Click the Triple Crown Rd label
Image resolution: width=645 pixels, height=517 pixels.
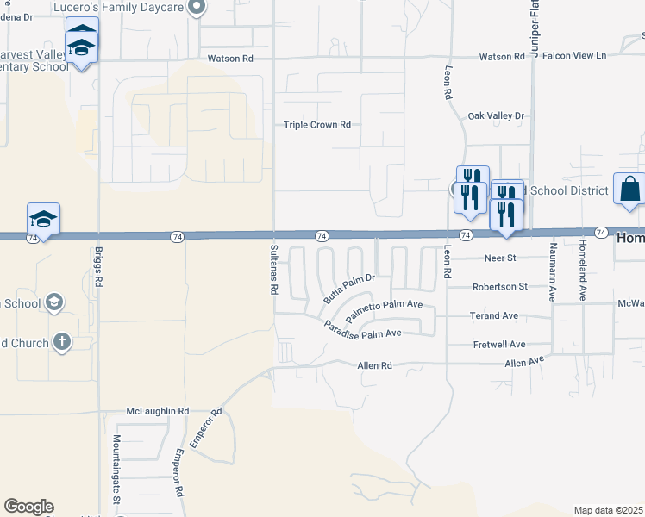click(x=317, y=125)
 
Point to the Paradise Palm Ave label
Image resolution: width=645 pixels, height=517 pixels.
click(x=363, y=329)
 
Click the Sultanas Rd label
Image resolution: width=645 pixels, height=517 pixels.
click(x=274, y=270)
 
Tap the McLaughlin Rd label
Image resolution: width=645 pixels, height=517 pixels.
click(x=157, y=412)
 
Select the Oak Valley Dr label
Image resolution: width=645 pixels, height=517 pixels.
click(x=495, y=115)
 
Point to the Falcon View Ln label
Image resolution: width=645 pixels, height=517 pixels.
click(x=577, y=56)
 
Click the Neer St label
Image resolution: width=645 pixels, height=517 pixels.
click(x=498, y=258)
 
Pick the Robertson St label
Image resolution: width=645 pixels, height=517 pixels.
click(x=499, y=287)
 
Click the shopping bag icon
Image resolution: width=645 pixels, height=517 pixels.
click(x=630, y=188)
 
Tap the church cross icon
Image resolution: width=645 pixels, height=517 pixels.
click(x=61, y=342)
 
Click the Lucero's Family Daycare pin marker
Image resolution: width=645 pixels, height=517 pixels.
click(x=197, y=9)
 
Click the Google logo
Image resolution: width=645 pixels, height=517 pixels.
click(x=28, y=507)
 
